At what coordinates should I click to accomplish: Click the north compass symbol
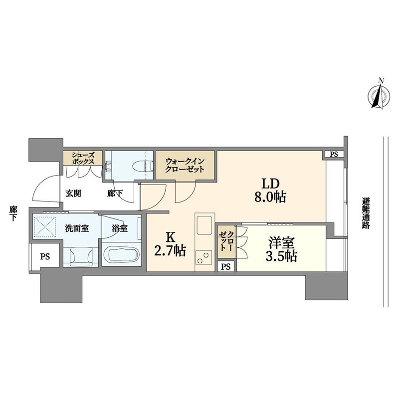pyautogui.click(x=379, y=96)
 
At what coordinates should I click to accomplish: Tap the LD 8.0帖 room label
pyautogui.click(x=270, y=190)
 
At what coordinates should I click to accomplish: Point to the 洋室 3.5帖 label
pyautogui.click(x=281, y=249)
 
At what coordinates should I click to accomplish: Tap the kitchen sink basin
pyautogui.click(x=204, y=225)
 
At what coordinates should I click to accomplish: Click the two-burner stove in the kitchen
pyautogui.click(x=203, y=257)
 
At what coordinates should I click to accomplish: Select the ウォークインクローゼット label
pyautogui.click(x=185, y=165)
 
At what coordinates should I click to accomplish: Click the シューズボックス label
pyautogui.click(x=83, y=158)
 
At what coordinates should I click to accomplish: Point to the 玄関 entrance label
pyautogui.click(x=73, y=194)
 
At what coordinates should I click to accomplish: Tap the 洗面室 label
pyautogui.click(x=77, y=228)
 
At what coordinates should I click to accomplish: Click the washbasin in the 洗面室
pyautogui.click(x=81, y=257)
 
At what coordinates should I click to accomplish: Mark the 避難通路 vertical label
pyautogui.click(x=366, y=213)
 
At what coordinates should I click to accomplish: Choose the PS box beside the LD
pyautogui.click(x=334, y=154)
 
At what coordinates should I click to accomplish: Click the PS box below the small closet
pyautogui.click(x=225, y=266)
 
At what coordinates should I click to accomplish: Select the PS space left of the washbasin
pyautogui.click(x=45, y=256)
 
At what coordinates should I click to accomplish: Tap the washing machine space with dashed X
pyautogui.click(x=45, y=226)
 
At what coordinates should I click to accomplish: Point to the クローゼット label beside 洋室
pyautogui.click(x=226, y=240)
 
